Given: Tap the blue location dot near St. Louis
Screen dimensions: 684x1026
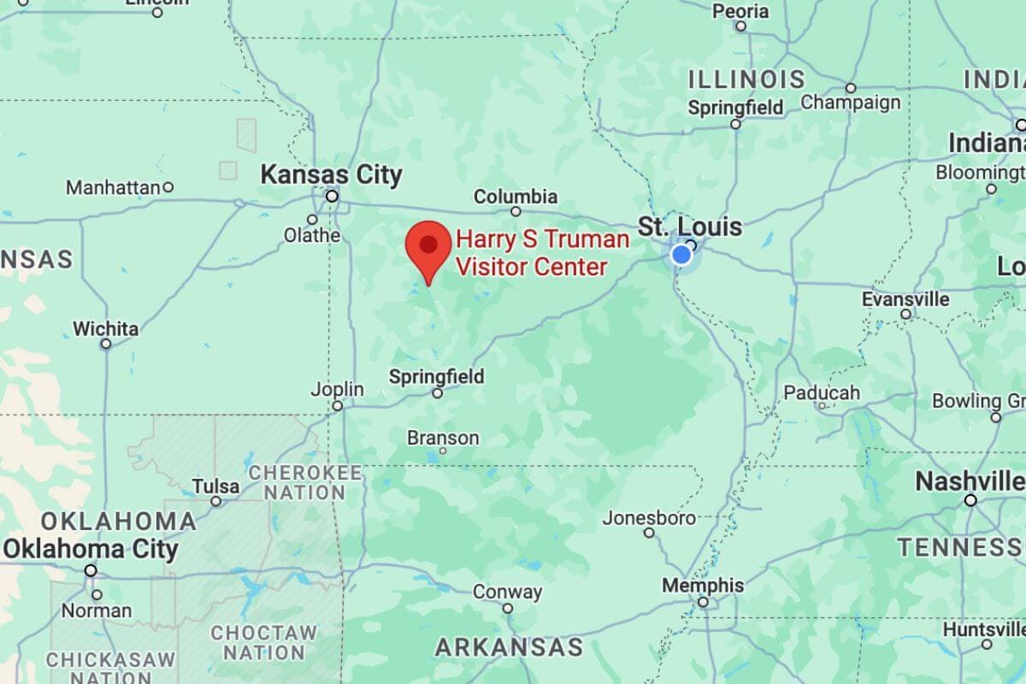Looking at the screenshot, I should pyautogui.click(x=681, y=255).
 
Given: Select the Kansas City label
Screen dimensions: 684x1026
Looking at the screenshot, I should pyautogui.click(x=331, y=176).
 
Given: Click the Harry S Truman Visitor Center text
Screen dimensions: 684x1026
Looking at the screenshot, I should pyautogui.click(x=542, y=253).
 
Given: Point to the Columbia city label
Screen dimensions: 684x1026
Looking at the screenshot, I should pyautogui.click(x=516, y=197).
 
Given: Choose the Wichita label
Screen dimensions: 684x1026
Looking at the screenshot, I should pyautogui.click(x=105, y=328).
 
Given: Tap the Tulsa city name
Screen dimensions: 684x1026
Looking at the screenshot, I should pyautogui.click(x=215, y=486).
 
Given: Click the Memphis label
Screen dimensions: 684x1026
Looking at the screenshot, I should pyautogui.click(x=702, y=586).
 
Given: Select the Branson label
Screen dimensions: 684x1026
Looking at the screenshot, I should pyautogui.click(x=443, y=438).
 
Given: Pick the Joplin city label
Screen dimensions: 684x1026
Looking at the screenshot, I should pyautogui.click(x=337, y=390).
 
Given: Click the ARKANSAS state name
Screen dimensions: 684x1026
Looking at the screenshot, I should pyautogui.click(x=509, y=647).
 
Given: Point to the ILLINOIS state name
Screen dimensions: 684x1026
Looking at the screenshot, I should pyautogui.click(x=746, y=80).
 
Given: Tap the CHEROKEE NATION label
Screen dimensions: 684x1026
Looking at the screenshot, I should pyautogui.click(x=304, y=482).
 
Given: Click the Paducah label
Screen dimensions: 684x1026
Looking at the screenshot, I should pyautogui.click(x=822, y=392).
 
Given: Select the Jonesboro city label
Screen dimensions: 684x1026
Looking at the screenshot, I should pyautogui.click(x=649, y=518).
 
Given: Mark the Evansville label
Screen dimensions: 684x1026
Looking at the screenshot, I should pyautogui.click(x=905, y=299).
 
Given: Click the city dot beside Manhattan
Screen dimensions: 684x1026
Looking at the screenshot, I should pyautogui.click(x=168, y=186).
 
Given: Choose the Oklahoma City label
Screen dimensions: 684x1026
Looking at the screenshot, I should pyautogui.click(x=91, y=550).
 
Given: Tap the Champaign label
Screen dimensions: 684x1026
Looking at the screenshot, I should pyautogui.click(x=851, y=103).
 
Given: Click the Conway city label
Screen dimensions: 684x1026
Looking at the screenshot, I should pyautogui.click(x=507, y=592).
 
